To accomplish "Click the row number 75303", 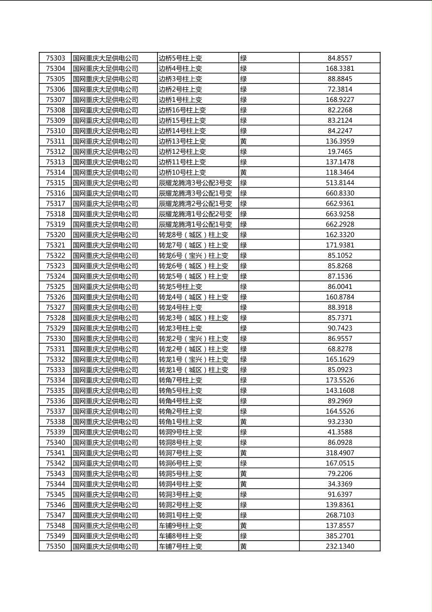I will (55, 58).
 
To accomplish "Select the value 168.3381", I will (339, 69).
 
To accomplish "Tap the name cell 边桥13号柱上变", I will (182, 142).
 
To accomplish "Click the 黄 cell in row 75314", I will (244, 173).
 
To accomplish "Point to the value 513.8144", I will (339, 183).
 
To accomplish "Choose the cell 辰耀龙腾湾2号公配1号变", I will (195, 204).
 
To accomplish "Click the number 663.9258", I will (339, 214).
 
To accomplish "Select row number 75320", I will (55, 235).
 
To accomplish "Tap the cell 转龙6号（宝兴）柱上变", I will (193, 256).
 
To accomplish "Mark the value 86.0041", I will (339, 287).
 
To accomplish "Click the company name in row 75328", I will (106, 318).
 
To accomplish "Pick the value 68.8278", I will (339, 349).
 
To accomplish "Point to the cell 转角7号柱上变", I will (180, 380).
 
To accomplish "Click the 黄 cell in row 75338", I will (244, 422).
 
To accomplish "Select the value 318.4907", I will (339, 453).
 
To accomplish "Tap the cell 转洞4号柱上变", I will (180, 484).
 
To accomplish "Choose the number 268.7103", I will (339, 515).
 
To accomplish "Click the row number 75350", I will (55, 547).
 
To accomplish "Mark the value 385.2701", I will (339, 536).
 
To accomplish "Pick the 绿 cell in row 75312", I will (244, 152).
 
